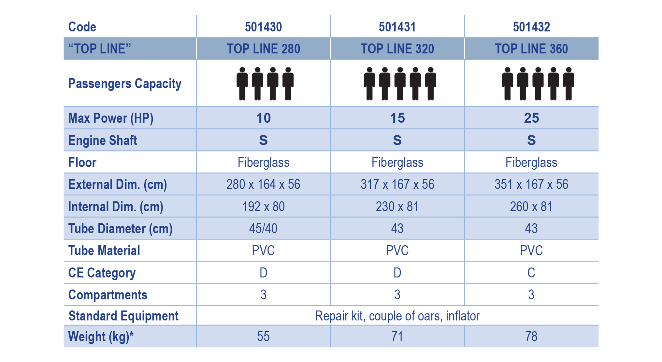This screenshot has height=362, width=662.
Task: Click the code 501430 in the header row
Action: tap(263, 27)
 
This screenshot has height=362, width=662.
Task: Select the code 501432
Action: tap(531, 27)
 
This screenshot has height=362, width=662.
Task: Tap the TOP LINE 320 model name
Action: tap(397, 49)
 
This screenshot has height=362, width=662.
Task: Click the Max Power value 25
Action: tap(531, 118)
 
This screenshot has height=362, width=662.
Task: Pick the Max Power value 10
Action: tap(263, 118)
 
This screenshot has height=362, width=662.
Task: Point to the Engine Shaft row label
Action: tap(103, 141)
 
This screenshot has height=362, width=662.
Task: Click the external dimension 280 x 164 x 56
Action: tap(263, 185)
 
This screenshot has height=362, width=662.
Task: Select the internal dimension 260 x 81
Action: tap(531, 207)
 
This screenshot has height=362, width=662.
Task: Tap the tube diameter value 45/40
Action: tap(263, 229)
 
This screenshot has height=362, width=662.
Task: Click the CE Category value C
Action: tap(531, 273)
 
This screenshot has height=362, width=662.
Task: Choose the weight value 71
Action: tap(397, 337)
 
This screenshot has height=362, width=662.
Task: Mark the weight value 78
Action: tap(531, 337)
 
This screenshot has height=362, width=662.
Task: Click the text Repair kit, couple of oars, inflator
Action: tap(397, 316)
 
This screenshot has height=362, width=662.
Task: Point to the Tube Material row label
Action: tap(104, 251)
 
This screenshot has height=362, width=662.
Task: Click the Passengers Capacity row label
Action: tap(125, 84)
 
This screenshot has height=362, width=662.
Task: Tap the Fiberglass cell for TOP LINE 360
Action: tap(531, 162)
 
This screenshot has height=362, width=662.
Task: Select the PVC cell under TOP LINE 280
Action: tap(263, 251)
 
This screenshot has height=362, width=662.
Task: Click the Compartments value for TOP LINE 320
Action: tap(397, 295)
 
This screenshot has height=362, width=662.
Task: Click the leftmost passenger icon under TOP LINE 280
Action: tap(242, 84)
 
